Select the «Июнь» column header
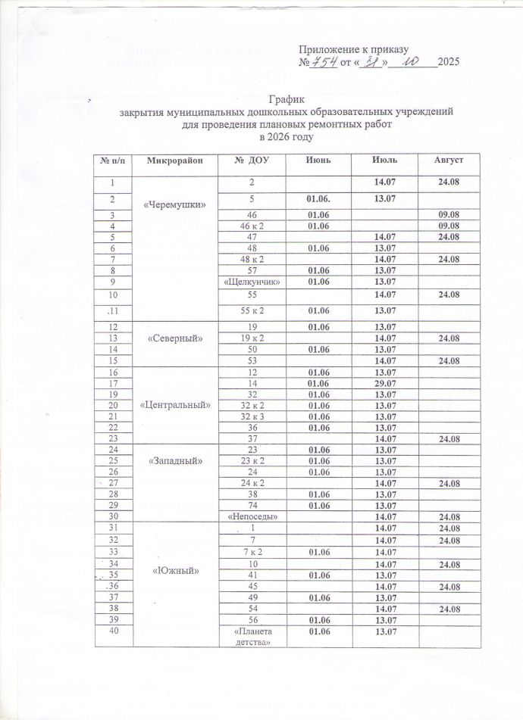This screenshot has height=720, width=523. [x=318, y=162]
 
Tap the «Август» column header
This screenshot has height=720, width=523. [x=447, y=162]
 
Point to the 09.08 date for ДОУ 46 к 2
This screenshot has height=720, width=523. [x=447, y=226]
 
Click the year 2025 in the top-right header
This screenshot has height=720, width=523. [x=449, y=61]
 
